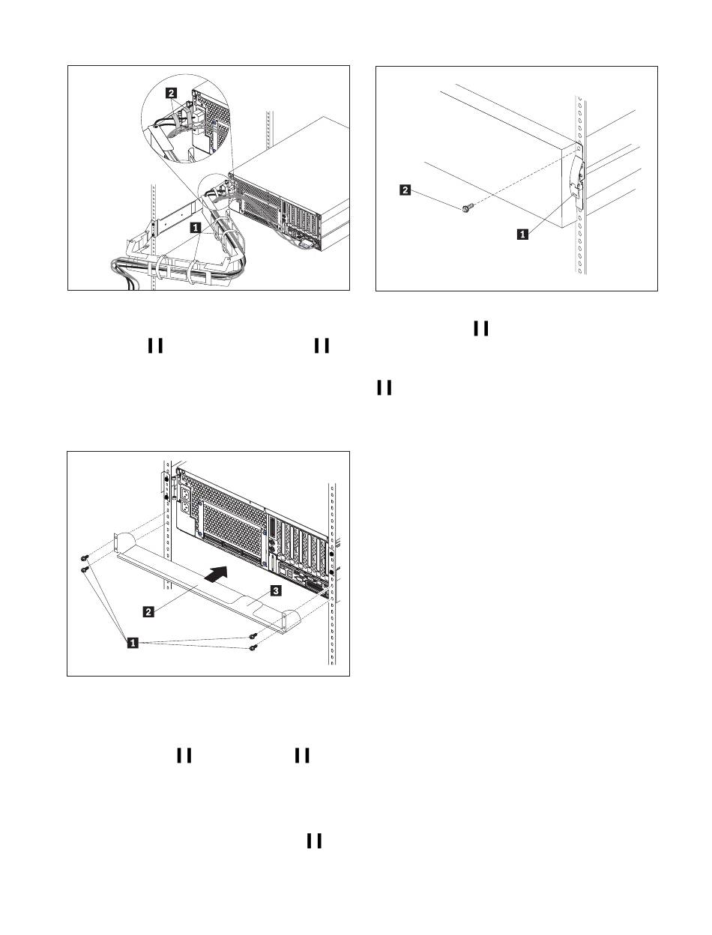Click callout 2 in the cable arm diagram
(172, 93)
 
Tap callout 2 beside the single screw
(405, 191)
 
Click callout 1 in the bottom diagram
(133, 642)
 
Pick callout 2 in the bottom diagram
(149, 611)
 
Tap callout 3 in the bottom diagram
(276, 592)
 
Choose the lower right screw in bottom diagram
(253, 647)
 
